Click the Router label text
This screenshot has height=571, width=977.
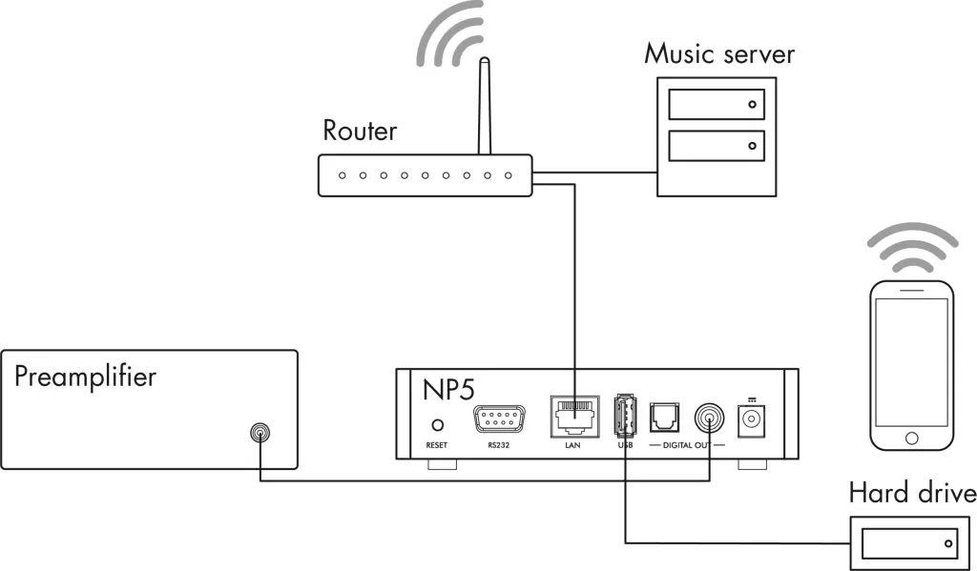point(360,130)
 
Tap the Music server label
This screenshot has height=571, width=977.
point(718,52)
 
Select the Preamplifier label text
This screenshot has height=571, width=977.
point(85,376)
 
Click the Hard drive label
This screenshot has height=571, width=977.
point(912,493)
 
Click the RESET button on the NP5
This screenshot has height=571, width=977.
point(438,425)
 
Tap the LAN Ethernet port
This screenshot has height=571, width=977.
point(573,417)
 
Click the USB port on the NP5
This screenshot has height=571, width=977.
point(625,417)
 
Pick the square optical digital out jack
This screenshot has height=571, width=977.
point(663,418)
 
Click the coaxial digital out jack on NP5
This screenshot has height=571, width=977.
point(710,418)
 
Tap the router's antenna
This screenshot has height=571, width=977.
point(484,105)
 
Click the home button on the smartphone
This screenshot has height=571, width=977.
point(912,438)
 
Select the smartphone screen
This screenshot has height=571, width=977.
point(912,361)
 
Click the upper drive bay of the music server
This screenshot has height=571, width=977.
point(716,104)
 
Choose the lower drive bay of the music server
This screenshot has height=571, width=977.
point(716,145)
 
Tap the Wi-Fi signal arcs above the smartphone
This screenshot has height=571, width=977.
point(911,250)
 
